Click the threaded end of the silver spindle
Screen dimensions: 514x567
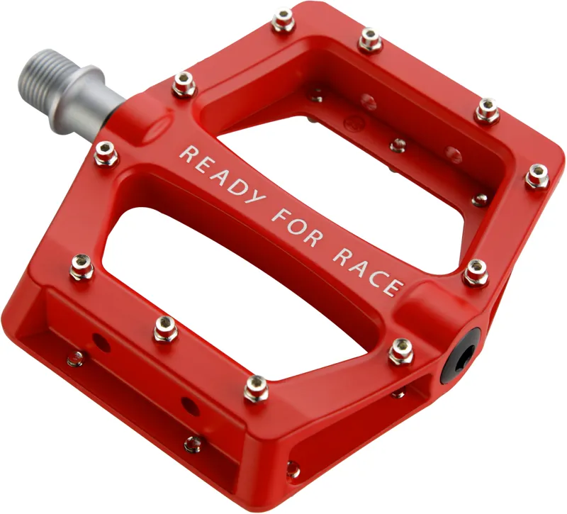[43, 79]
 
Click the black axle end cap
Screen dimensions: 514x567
[459, 355]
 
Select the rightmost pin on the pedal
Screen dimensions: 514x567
[537, 176]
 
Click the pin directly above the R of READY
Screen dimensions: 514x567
[184, 84]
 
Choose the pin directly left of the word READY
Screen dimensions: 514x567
[106, 153]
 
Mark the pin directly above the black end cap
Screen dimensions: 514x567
[476, 272]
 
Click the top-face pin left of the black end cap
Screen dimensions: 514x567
[400, 351]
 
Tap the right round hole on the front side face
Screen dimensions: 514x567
[189, 406]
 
